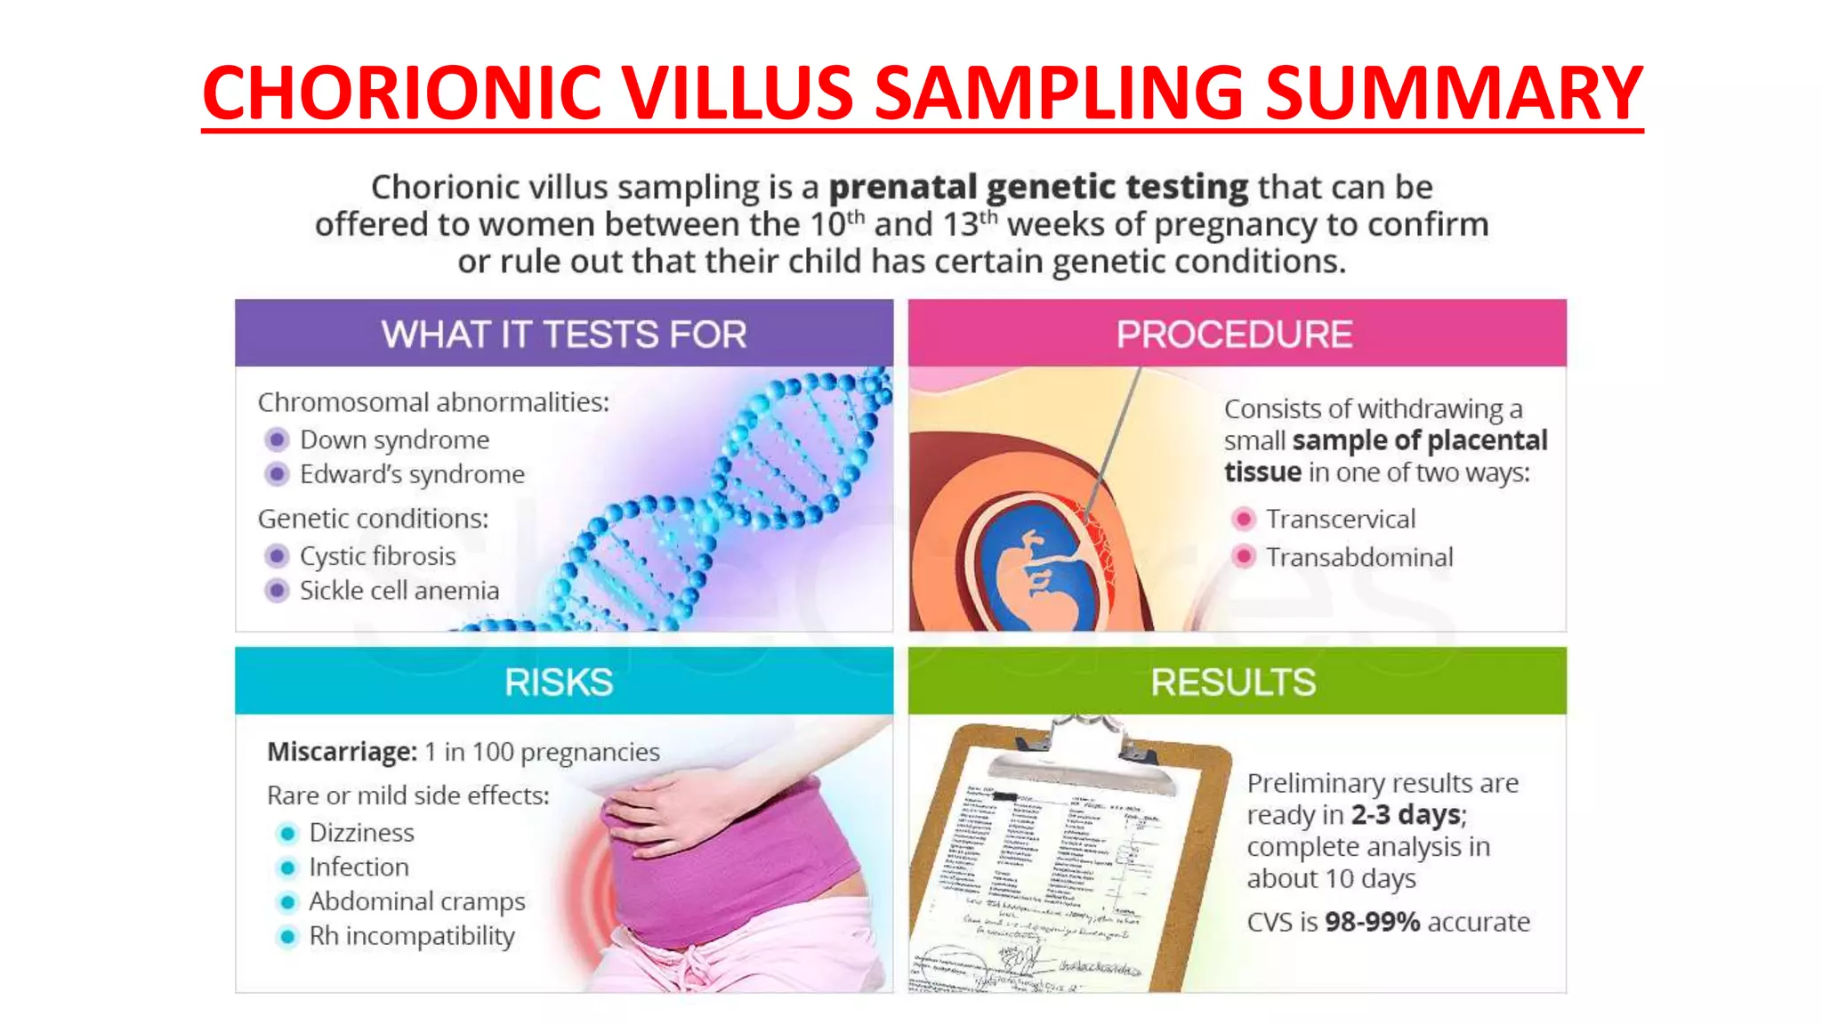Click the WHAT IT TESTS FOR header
point(564,335)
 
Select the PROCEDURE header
point(1235,335)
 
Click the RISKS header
point(559,682)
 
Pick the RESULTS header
point(1233,682)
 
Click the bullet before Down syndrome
point(277,440)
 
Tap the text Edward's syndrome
point(412,474)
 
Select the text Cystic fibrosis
point(377,556)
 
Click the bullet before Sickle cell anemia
point(277,591)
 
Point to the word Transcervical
point(1340,519)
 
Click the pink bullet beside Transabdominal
point(1244,557)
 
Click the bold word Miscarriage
point(342,752)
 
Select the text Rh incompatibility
point(412,936)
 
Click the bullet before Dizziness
point(286,834)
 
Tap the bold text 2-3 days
point(1406,815)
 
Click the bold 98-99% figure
point(1372,922)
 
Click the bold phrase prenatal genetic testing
point(1038,187)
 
